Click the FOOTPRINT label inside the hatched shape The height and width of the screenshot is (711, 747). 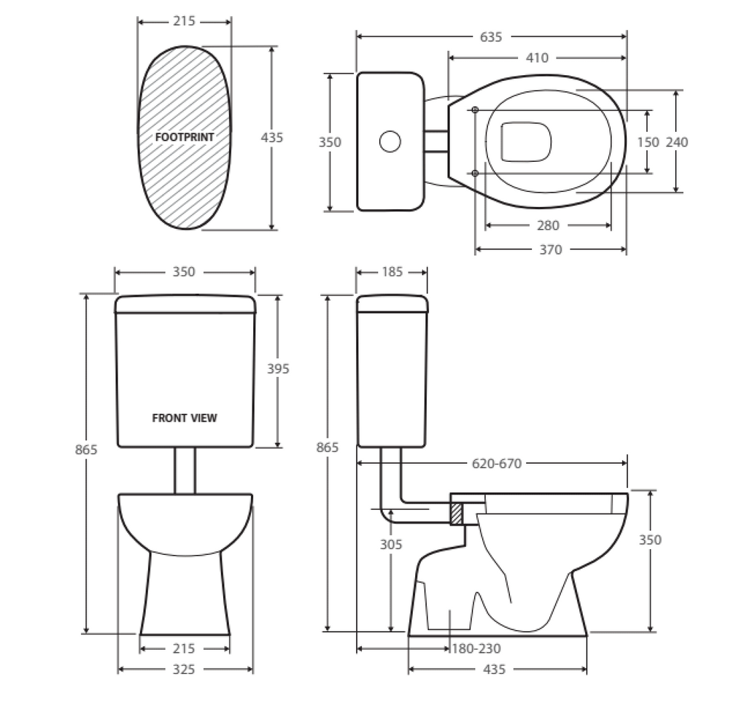185,136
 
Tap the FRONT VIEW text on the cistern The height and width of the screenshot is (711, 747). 185,418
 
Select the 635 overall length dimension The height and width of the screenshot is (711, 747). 491,37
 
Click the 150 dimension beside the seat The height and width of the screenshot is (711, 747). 648,142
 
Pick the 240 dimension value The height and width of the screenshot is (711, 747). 676,142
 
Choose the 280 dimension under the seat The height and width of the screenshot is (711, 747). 547,226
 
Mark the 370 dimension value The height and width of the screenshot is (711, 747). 550,249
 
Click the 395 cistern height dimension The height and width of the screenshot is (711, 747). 277,369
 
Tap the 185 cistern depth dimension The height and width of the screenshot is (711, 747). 391,273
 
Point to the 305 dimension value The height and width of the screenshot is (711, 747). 391,544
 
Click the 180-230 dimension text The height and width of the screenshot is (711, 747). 476,648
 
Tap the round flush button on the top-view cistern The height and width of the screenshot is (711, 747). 390,141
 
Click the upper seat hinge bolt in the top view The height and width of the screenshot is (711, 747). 476,110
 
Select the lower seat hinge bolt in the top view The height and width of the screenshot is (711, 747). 476,173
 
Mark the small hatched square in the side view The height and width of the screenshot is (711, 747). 457,514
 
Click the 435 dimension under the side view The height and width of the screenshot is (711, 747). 495,669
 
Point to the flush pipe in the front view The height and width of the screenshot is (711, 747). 185,470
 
